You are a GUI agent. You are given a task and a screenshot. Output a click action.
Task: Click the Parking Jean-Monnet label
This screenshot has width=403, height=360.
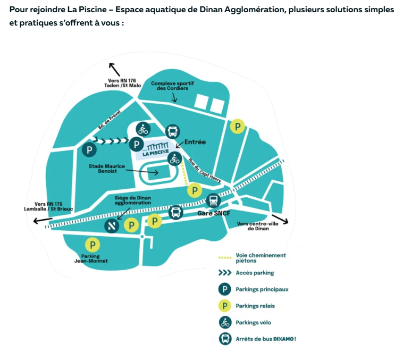pos(91,258)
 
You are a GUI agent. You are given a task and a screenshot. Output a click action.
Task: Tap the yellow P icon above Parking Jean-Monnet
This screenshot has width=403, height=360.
pos(93,245)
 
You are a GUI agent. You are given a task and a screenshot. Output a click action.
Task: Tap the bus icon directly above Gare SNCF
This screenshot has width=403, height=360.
pos(213,201)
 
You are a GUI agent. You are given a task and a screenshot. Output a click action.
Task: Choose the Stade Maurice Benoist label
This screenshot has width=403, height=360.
pos(107,169)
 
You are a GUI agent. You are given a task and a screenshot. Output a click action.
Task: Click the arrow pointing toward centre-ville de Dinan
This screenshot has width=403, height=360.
pos(279,219)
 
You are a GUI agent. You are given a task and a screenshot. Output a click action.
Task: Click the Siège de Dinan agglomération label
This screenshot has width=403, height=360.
pos(133,200)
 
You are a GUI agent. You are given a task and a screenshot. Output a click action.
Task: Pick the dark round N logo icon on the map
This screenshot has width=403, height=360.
pos(111,226)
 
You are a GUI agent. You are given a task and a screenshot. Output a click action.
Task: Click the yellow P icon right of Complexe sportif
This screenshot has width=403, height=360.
pos(238,127)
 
